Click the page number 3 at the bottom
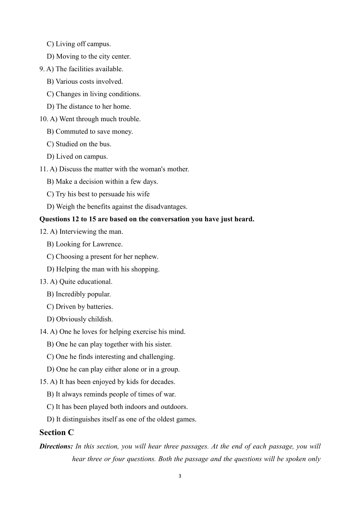pos(180,476)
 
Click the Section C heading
pos(56,432)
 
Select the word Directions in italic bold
pos(56,446)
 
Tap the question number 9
pos(42,69)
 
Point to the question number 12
pos(44,231)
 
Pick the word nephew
pos(146,256)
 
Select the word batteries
pos(100,306)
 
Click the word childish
pos(100,319)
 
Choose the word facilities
pos(81,69)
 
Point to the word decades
pos(163,381)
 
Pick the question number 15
pos(44,381)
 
